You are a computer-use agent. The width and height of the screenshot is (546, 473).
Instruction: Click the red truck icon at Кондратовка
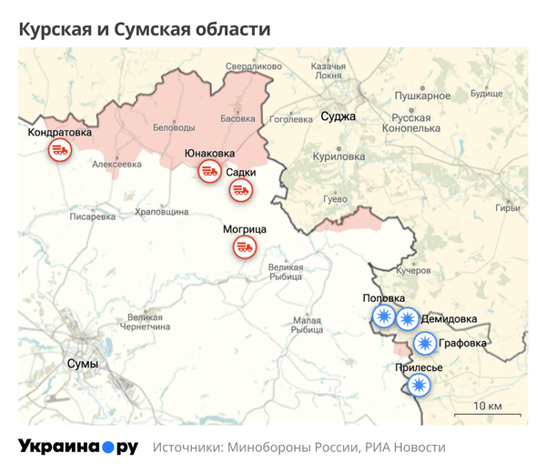pyautogui.click(x=59, y=151)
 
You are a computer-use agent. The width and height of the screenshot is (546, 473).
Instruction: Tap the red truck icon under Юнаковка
pyautogui.click(x=209, y=171)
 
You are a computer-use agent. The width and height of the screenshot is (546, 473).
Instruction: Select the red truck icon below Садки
pyautogui.click(x=241, y=191)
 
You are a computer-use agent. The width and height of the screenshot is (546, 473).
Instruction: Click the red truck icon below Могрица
pyautogui.click(x=245, y=246)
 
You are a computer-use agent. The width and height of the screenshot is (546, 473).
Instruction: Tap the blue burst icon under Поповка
pyautogui.click(x=383, y=317)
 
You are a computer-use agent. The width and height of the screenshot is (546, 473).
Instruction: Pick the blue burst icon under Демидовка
pyautogui.click(x=407, y=318)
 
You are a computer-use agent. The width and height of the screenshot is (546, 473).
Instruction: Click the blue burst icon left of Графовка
pyautogui.click(x=424, y=343)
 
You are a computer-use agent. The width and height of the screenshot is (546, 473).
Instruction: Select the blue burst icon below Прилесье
pyautogui.click(x=419, y=386)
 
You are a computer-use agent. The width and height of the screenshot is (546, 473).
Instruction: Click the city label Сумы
pyautogui.click(x=83, y=363)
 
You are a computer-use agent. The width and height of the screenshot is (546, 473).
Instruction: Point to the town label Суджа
pyautogui.click(x=339, y=117)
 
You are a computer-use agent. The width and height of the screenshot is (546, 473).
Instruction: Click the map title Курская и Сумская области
pyautogui.click(x=145, y=29)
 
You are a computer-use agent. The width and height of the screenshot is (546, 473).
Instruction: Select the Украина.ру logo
pyautogui.click(x=77, y=447)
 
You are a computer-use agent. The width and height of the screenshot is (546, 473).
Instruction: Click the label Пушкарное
pyautogui.click(x=423, y=96)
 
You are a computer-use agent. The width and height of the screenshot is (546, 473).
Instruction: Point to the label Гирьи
pyautogui.click(x=507, y=208)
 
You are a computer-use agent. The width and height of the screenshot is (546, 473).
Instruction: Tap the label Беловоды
pyautogui.click(x=173, y=127)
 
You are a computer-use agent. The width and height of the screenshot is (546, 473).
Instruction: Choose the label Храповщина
pyautogui.click(x=161, y=211)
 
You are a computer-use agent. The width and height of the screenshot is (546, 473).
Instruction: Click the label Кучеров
pyautogui.click(x=413, y=271)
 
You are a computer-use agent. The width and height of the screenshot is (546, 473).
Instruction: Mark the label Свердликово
pyautogui.click(x=254, y=66)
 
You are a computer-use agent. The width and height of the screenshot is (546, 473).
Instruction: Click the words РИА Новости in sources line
pyautogui.click(x=406, y=448)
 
